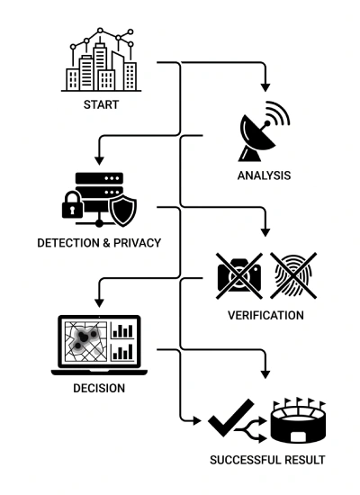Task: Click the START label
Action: (x=101, y=104)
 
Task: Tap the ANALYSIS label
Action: (x=264, y=175)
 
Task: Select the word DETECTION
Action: (x=68, y=243)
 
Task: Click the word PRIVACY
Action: (x=138, y=243)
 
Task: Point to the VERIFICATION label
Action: (x=265, y=315)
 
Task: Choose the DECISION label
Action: (x=99, y=388)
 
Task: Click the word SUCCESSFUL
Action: (x=245, y=460)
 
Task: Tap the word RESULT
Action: (x=305, y=460)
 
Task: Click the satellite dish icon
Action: (x=264, y=131)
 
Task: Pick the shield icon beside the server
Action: (x=122, y=211)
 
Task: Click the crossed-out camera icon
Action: (x=239, y=275)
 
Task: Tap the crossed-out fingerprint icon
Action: (x=293, y=275)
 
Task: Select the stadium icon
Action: (x=299, y=421)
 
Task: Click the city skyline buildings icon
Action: (x=101, y=60)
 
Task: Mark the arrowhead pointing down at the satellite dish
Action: (x=265, y=87)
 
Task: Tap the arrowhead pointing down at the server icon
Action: (x=99, y=160)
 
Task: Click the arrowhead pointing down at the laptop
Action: (x=99, y=302)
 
